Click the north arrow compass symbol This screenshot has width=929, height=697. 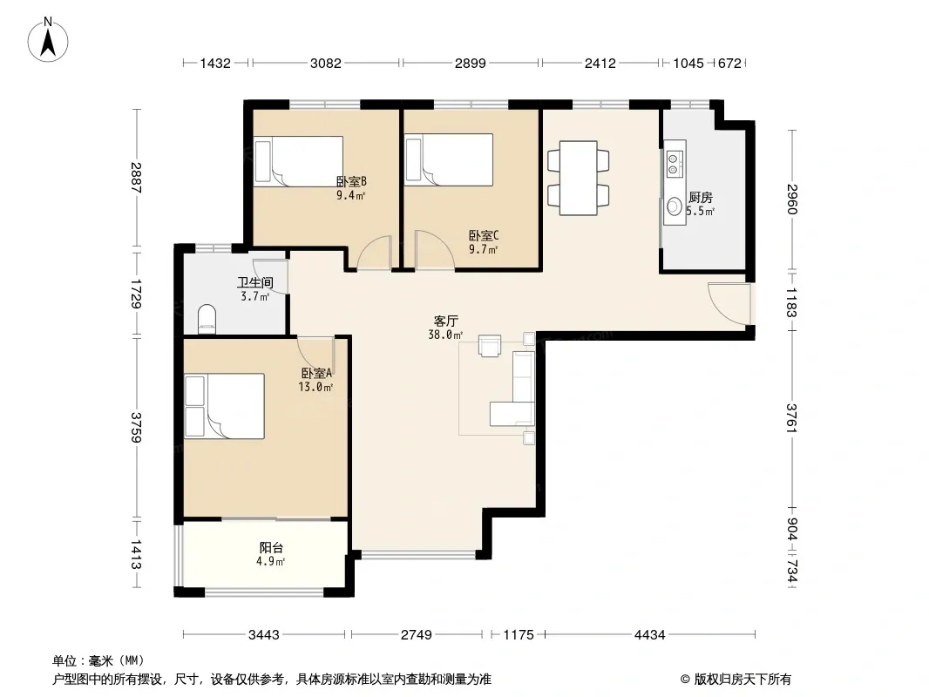pyautogui.click(x=48, y=40)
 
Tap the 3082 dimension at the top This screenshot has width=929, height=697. pyautogui.click(x=326, y=63)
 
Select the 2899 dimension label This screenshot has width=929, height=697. pyautogui.click(x=471, y=63)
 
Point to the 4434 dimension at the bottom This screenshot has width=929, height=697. pyautogui.click(x=650, y=635)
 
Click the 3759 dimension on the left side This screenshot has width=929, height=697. pyautogui.click(x=136, y=428)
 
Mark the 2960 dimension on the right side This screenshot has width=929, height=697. pyautogui.click(x=792, y=199)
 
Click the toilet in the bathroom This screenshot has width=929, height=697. pyautogui.click(x=207, y=317)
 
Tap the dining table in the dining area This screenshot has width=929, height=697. pyautogui.click(x=578, y=178)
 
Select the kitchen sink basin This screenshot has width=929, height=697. pyautogui.click(x=675, y=206)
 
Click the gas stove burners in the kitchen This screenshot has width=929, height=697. pyautogui.click(x=675, y=164)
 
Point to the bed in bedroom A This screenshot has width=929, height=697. pyautogui.click(x=224, y=406)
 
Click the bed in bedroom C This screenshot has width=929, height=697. pyautogui.click(x=449, y=160)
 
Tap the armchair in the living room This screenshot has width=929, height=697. pyautogui.click(x=490, y=347)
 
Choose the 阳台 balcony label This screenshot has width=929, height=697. pyautogui.click(x=271, y=548)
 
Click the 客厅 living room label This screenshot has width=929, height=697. pyautogui.click(x=445, y=321)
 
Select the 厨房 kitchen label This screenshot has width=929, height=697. pyautogui.click(x=701, y=197)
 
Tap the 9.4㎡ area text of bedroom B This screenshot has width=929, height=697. pyautogui.click(x=350, y=195)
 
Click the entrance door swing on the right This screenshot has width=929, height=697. pyautogui.click(x=729, y=304)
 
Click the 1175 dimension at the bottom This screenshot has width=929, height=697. pyautogui.click(x=519, y=635)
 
